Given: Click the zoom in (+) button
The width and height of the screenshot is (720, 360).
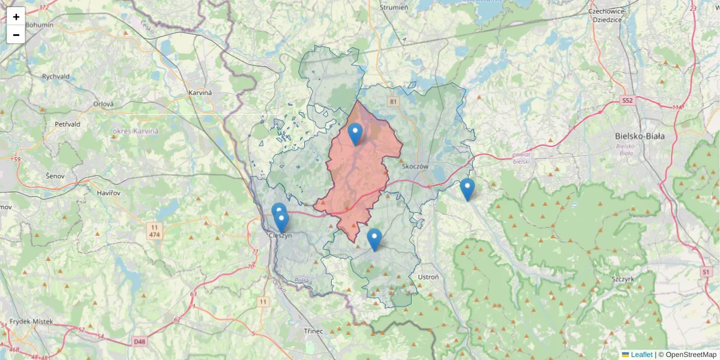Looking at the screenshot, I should tap(16, 17).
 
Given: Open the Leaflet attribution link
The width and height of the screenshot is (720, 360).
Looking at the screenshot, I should tap(641, 355).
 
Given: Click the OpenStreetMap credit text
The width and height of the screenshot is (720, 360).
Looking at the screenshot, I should tap(691, 355).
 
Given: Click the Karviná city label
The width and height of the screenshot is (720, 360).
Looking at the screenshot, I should tap(200, 94).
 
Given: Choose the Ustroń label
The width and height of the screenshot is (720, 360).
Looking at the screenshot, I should tap(428, 277).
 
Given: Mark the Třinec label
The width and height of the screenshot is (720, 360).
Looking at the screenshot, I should tap(313, 331).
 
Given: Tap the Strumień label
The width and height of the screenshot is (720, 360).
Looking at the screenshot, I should tap(394, 8).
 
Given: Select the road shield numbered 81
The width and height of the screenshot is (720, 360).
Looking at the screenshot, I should tap(393, 101).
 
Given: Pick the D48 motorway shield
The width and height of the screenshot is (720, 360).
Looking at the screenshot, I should tap(139, 341).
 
